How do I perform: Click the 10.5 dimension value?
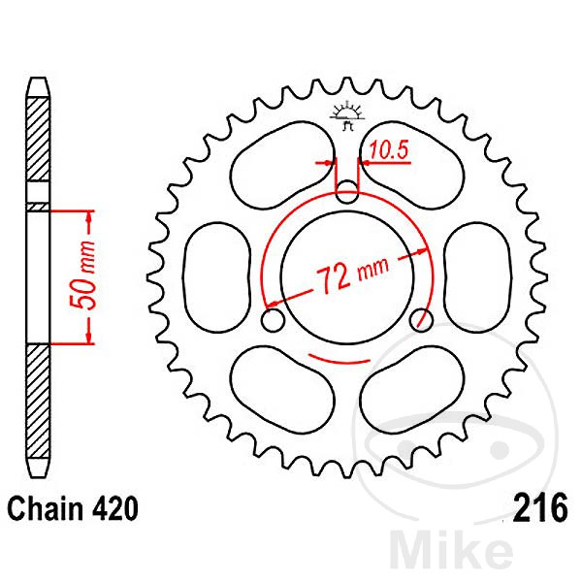389,150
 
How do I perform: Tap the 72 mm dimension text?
352,274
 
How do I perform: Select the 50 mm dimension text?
83,275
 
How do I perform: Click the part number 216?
540,508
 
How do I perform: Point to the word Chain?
40,508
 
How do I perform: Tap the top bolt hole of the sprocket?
347,191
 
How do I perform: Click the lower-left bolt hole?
273,319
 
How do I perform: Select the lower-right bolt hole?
421,319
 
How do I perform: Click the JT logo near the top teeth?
347,113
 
